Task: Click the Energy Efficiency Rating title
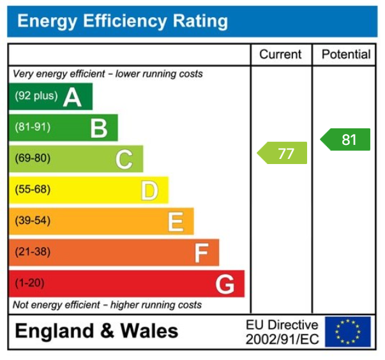(122, 22)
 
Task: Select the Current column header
(281, 55)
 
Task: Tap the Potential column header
(345, 55)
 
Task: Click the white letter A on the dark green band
(72, 97)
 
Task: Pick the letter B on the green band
(98, 128)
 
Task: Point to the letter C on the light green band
(124, 159)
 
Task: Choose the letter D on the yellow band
(149, 190)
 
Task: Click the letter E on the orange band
(176, 221)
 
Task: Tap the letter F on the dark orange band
(201, 253)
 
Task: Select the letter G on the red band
(225, 284)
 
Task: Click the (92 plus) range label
(36, 96)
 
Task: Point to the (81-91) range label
(33, 128)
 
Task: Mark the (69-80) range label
(33, 158)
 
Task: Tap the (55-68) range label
(33, 190)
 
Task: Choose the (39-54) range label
(33, 221)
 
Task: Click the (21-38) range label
(33, 252)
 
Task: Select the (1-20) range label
(29, 283)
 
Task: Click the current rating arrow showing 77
(282, 153)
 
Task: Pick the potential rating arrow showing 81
(345, 139)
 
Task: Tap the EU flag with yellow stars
(347, 332)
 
